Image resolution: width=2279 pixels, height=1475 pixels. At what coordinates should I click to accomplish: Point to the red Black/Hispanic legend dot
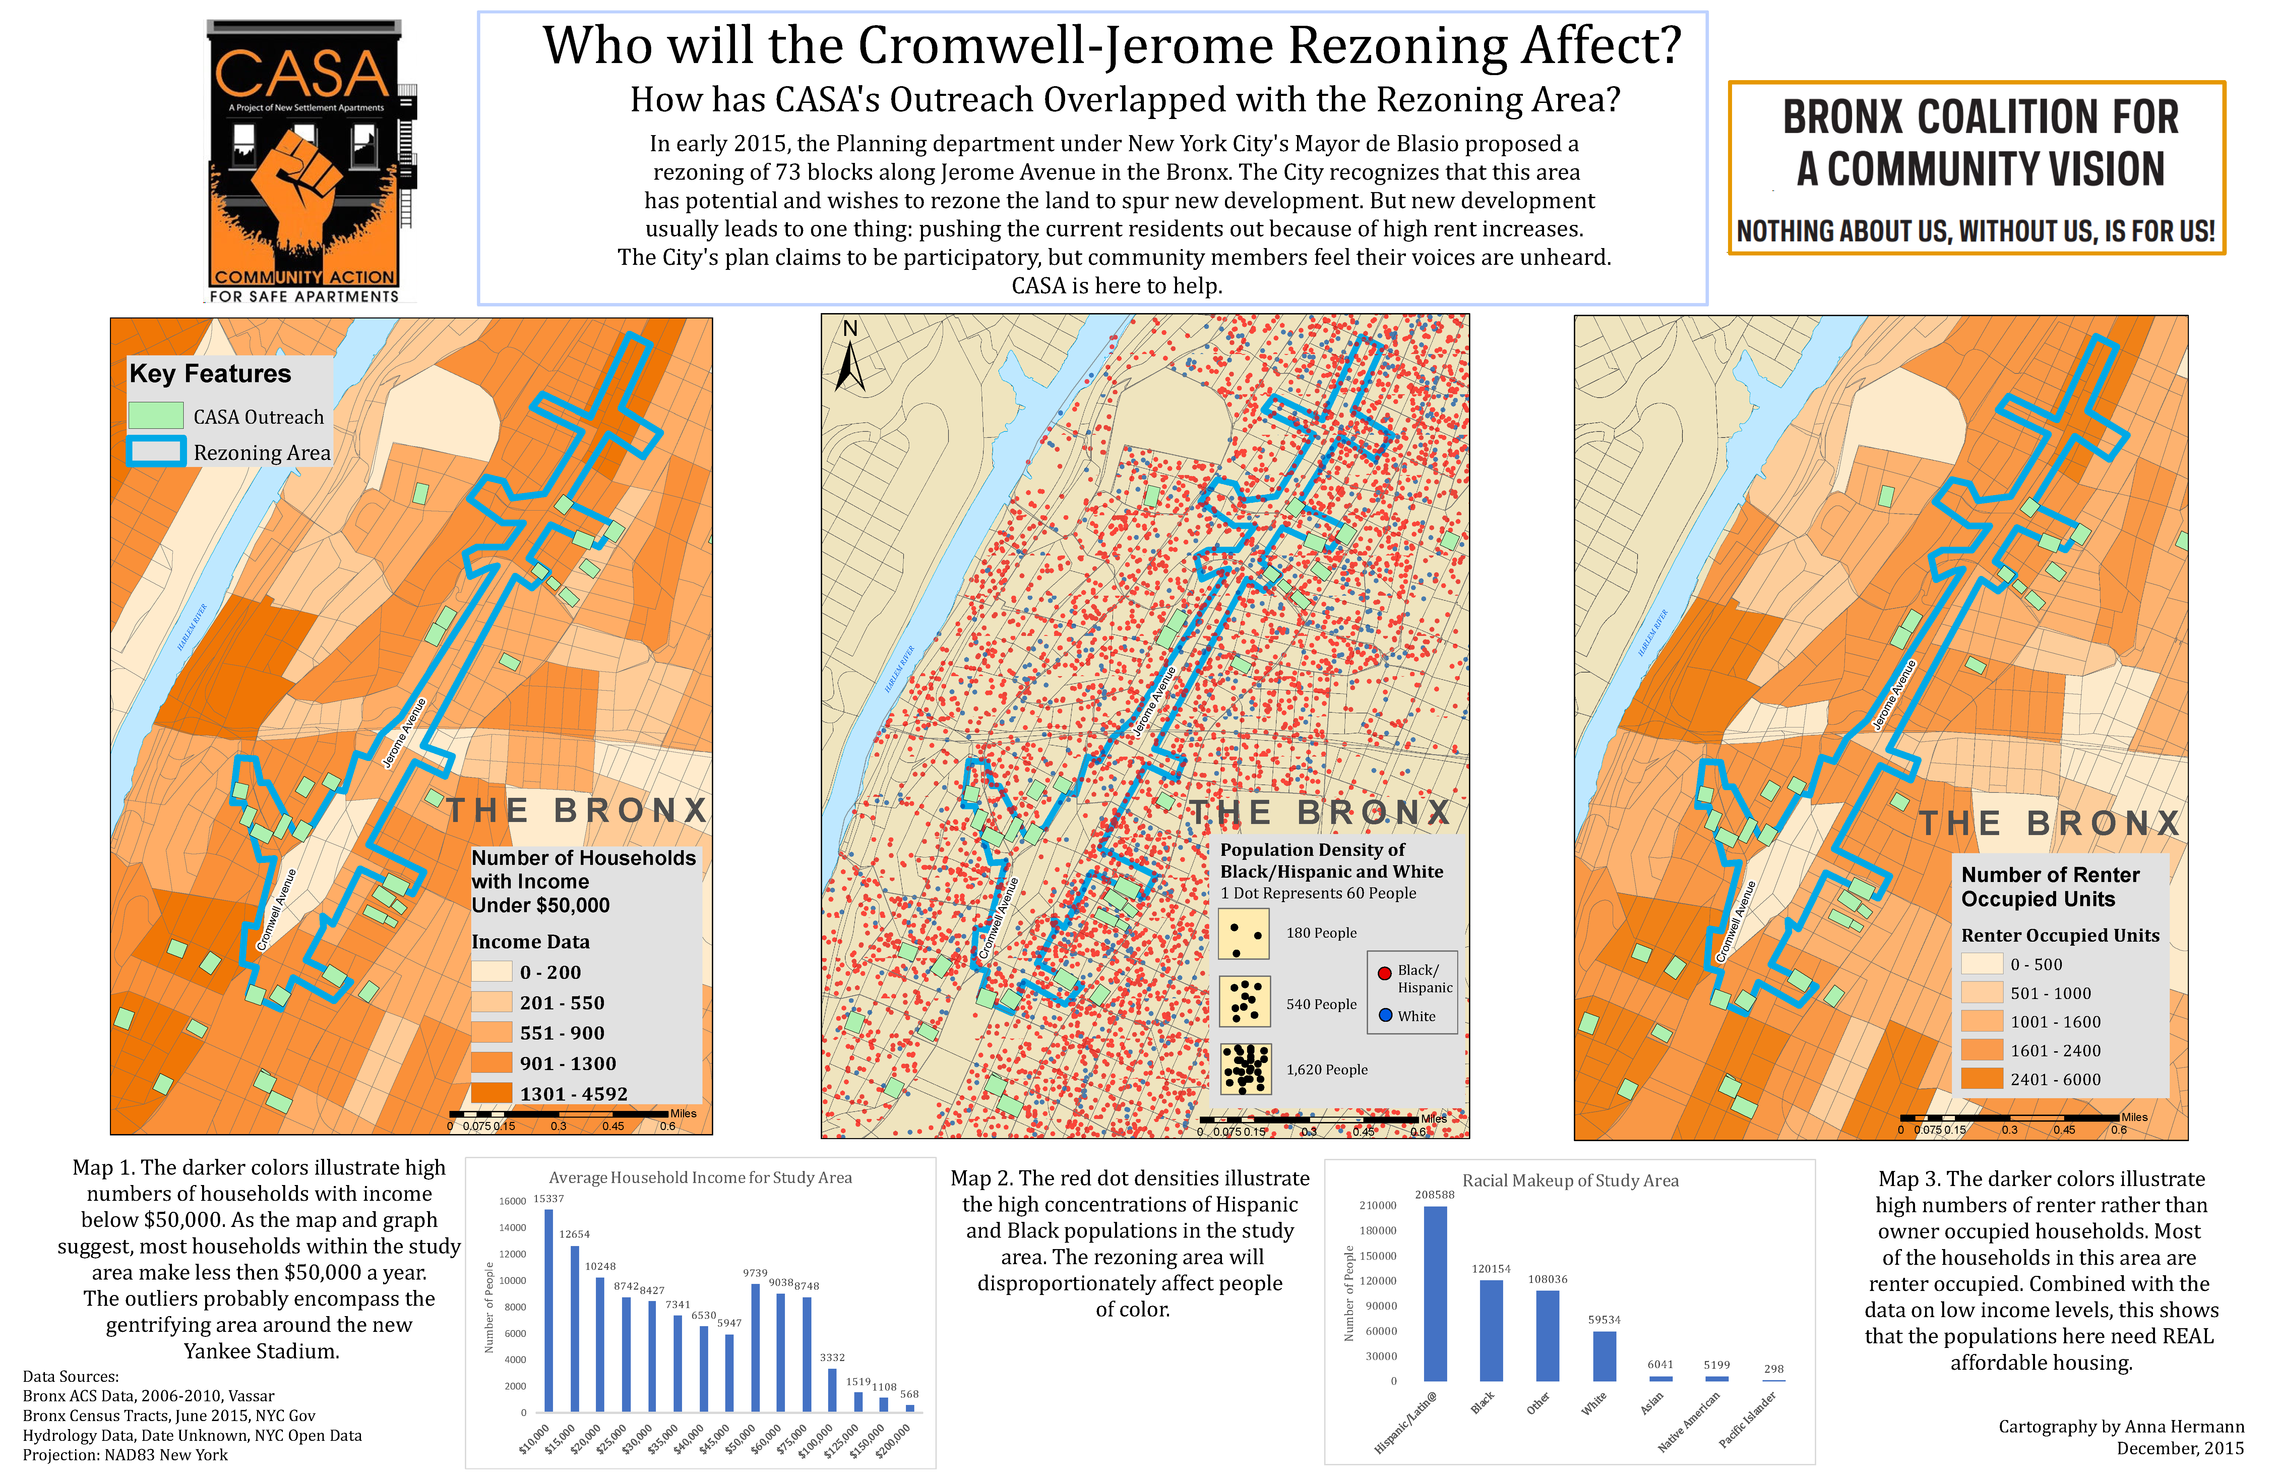1384,973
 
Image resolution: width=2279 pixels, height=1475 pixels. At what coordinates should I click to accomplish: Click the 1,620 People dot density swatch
1245,1069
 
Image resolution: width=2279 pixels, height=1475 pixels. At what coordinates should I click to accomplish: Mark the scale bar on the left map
558,1114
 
